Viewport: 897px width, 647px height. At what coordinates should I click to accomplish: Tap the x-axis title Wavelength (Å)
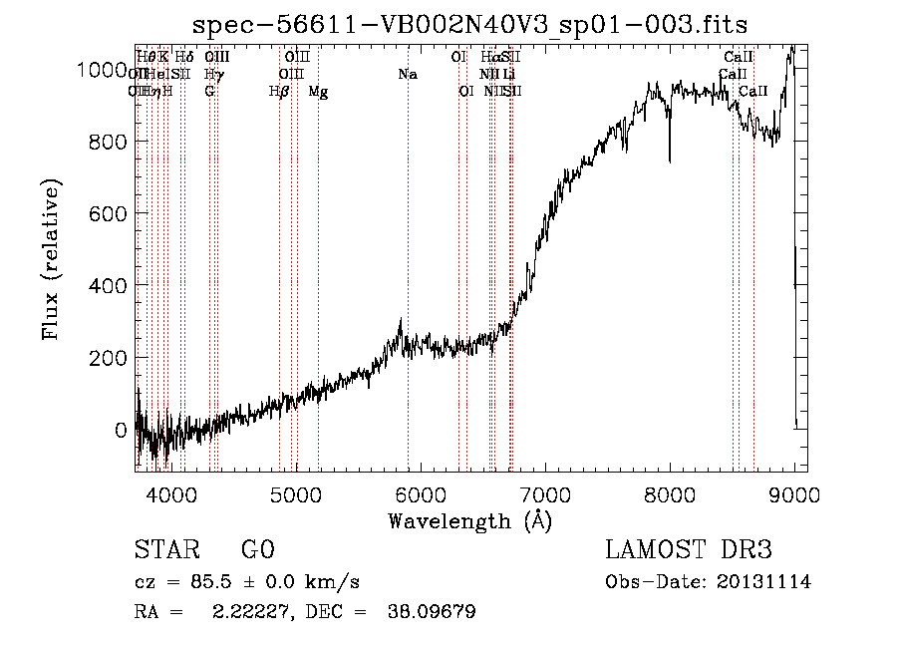(x=470, y=520)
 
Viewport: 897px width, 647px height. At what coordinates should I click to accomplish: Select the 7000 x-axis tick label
(x=544, y=492)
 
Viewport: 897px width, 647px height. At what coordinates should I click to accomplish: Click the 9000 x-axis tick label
(x=794, y=492)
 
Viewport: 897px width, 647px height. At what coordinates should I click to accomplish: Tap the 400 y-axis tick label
(x=112, y=286)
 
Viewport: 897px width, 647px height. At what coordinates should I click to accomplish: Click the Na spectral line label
(x=408, y=75)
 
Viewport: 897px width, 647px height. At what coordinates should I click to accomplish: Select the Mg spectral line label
(x=318, y=92)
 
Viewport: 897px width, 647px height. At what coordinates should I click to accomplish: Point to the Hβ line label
(x=279, y=92)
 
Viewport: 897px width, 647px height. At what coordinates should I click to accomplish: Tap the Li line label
(x=508, y=75)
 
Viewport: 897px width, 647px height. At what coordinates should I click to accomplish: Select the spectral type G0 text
(x=257, y=550)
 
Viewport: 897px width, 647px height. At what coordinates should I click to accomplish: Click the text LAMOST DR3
(x=688, y=550)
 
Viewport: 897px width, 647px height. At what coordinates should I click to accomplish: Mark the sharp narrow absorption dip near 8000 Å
(x=669, y=150)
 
